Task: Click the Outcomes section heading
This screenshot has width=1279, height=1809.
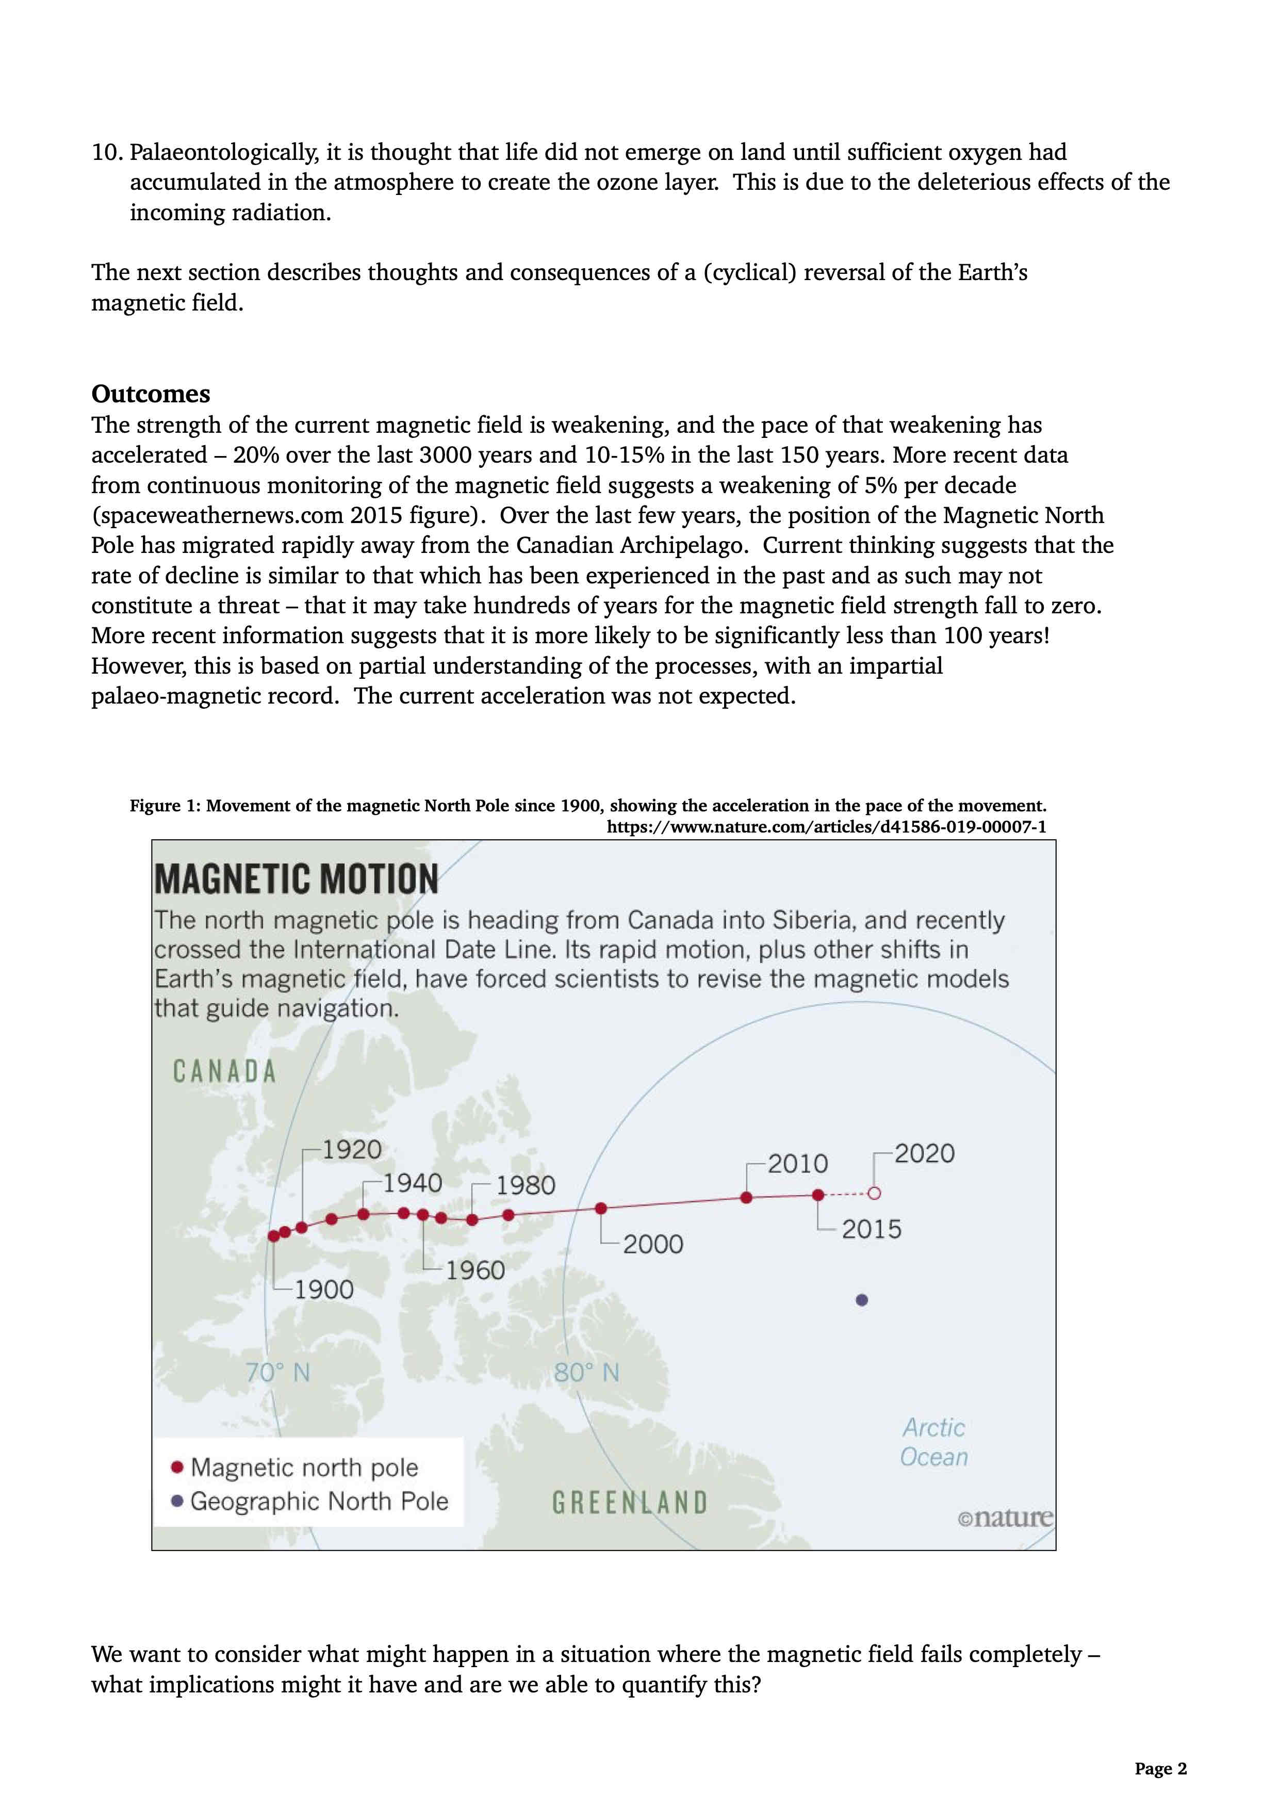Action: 151,394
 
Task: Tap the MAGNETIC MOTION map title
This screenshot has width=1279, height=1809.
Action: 296,879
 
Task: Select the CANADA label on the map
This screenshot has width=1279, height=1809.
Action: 224,1071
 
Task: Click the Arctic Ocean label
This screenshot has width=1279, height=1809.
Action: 934,1442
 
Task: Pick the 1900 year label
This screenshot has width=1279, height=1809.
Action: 324,1290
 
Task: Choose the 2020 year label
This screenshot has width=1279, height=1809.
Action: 924,1153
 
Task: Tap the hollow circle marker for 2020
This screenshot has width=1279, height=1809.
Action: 874,1194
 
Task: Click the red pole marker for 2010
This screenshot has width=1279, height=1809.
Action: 747,1198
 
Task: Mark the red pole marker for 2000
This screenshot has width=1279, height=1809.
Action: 601,1208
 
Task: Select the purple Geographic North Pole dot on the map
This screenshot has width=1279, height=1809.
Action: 862,1300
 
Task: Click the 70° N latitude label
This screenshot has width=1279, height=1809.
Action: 277,1373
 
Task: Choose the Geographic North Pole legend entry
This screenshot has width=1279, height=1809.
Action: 319,1501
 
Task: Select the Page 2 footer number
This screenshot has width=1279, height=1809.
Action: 1160,1768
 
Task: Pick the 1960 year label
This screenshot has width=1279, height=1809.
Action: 475,1270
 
